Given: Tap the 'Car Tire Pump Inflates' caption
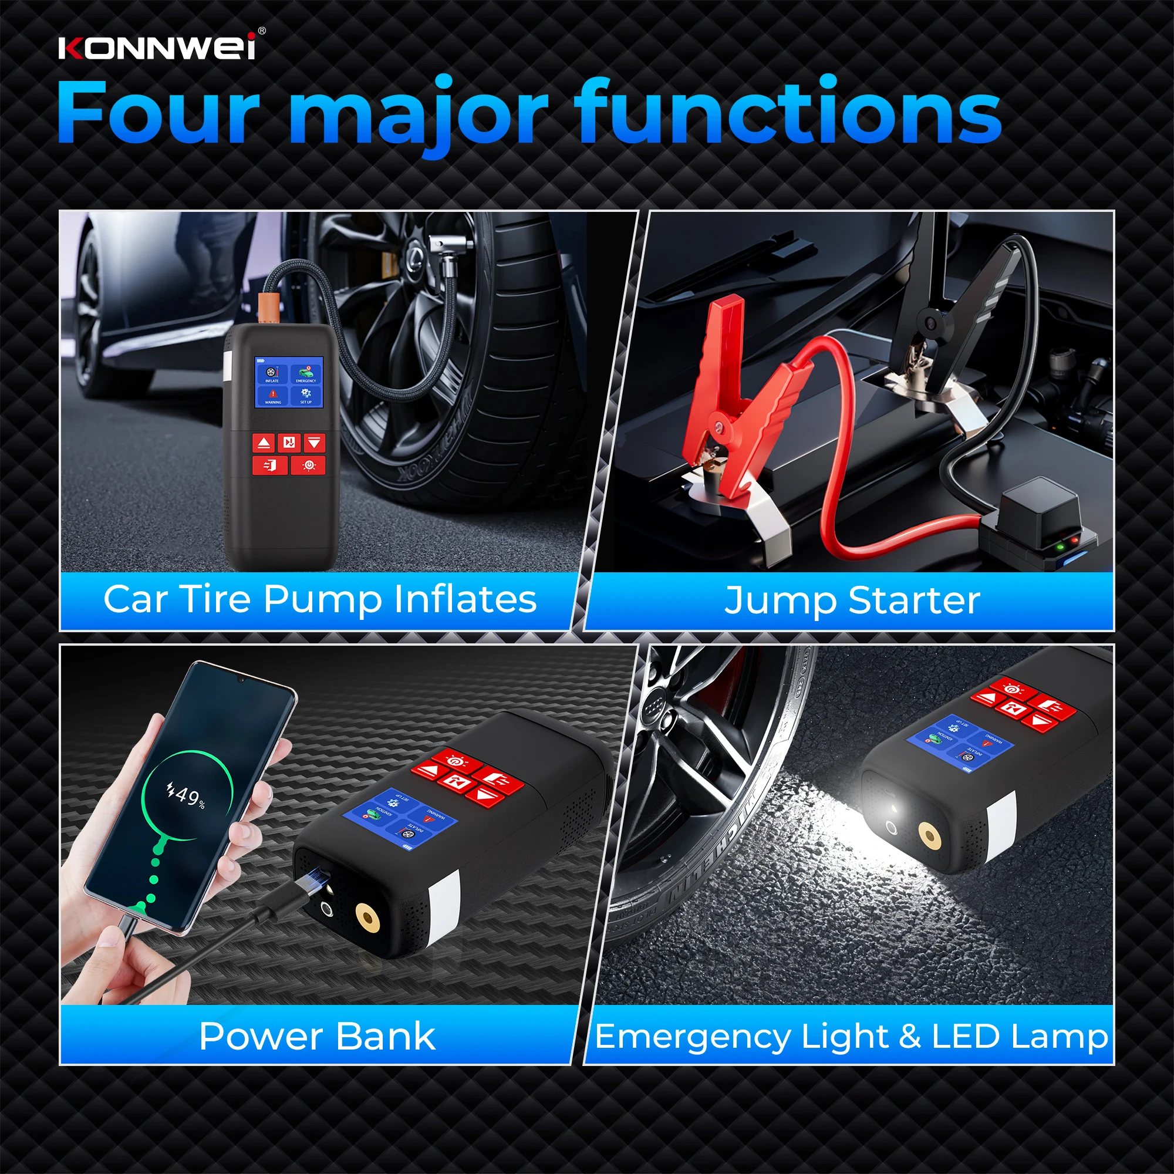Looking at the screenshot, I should pos(321,600).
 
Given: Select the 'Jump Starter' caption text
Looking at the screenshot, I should pos(852,601).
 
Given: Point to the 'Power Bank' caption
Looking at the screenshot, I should pos(316,1036).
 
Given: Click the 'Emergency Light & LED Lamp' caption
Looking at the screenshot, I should pos(851,1036).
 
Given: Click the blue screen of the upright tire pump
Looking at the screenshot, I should pos(289,382).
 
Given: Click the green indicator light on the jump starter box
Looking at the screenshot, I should pos(1060,545).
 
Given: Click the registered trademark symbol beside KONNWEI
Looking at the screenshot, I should pos(262,31).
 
